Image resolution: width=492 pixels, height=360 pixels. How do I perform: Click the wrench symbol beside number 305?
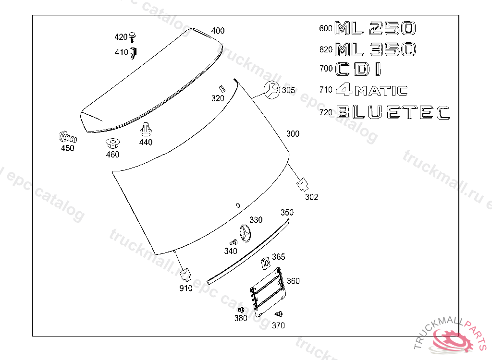271,90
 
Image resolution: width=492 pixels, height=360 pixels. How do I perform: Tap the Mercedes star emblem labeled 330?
246,233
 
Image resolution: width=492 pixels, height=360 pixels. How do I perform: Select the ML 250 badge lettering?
376,28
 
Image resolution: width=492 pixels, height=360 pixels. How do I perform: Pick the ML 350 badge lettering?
376,49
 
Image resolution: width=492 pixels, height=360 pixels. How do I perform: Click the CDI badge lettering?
358,69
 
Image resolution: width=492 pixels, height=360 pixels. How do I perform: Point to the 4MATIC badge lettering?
372,90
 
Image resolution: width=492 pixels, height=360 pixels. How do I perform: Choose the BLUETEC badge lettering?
393,112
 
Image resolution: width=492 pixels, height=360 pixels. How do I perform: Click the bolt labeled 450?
68,137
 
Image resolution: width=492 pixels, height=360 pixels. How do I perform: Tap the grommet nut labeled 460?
112,144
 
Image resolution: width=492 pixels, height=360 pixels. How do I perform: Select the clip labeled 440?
145,129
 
